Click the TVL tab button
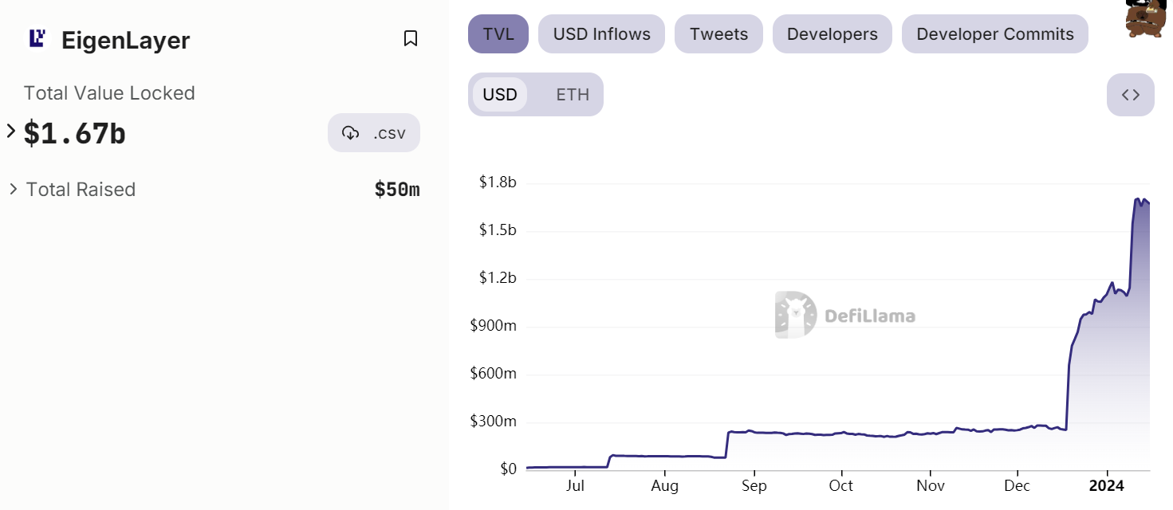[498, 34]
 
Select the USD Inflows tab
[601, 34]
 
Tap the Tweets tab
[718, 34]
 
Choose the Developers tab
[832, 34]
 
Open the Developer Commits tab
[994, 34]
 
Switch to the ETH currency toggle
[572, 95]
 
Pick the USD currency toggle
[500, 95]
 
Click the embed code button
[1130, 95]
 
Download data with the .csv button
[374, 133]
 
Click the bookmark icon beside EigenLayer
[411, 38]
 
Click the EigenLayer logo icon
[37, 38]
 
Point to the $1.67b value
[75, 133]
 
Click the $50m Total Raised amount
[397, 190]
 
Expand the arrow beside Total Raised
[13, 190]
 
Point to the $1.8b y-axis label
[498, 182]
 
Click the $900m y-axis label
[493, 326]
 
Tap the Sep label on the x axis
[754, 486]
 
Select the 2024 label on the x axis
[1106, 486]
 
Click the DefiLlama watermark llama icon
[795, 316]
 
